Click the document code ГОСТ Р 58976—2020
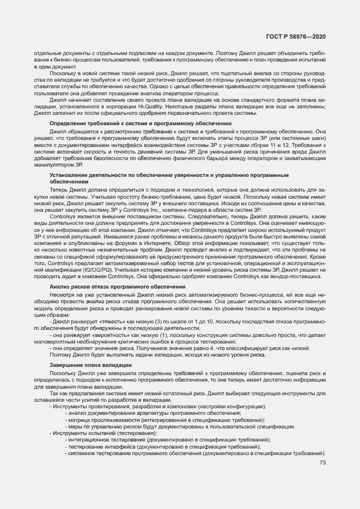296,36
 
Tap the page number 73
322,463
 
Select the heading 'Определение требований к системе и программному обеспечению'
141,124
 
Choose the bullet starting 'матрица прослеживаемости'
164,420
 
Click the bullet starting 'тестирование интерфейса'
162,446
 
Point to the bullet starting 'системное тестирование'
195,453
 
